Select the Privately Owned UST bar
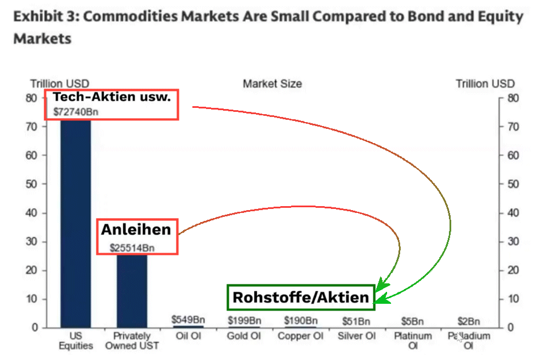click(132, 290)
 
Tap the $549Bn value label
click(188, 320)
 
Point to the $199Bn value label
click(245, 321)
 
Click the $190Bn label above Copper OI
click(301, 321)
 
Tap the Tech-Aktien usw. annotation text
click(112, 97)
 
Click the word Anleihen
click(136, 230)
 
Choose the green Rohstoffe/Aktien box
click(301, 297)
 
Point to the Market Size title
click(272, 84)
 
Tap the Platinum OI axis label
click(413, 340)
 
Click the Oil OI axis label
click(188, 336)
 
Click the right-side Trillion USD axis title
click(485, 84)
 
